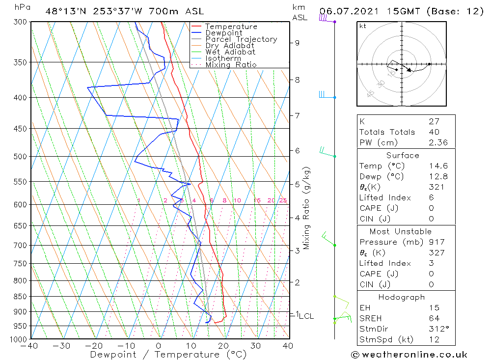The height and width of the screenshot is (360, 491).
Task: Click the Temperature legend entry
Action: (231, 27)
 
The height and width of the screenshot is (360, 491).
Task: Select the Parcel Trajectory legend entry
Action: (241, 39)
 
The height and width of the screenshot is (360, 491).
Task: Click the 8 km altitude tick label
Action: (297, 80)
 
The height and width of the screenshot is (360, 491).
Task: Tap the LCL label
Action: (306, 316)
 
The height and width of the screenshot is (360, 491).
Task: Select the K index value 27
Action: (434, 121)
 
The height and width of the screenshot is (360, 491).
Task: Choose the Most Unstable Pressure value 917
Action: (436, 242)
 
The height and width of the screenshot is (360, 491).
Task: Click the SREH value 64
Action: (434, 318)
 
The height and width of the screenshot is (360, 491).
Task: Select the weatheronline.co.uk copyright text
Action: (409, 355)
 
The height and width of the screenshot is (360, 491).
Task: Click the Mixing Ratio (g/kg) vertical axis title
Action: (307, 208)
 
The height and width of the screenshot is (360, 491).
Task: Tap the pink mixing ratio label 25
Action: (283, 200)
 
